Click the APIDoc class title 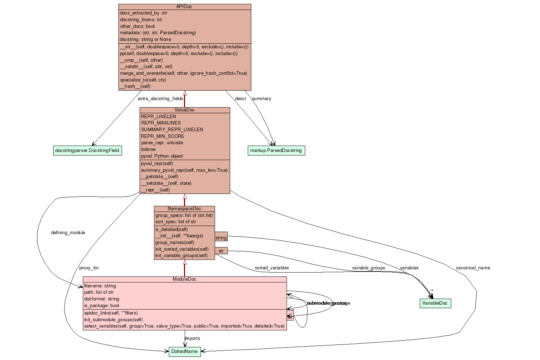tap(184, 7)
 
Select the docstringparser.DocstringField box tap(87, 151)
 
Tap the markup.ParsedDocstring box tap(276, 151)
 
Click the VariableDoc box tap(435, 303)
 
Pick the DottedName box tap(184, 352)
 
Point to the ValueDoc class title tap(184, 110)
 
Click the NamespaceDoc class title tap(184, 209)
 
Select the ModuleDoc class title tap(184, 279)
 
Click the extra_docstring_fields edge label tap(160, 99)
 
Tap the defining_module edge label tap(68, 233)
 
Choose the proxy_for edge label tap(89, 268)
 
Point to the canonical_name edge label tap(473, 268)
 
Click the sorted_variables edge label tap(272, 268)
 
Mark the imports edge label tap(192, 338)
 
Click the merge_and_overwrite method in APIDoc tap(183, 73)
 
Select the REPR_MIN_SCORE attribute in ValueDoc tap(162, 136)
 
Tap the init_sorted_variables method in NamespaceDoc tap(182, 249)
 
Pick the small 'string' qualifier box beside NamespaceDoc tap(221, 238)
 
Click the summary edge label tap(262, 99)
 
